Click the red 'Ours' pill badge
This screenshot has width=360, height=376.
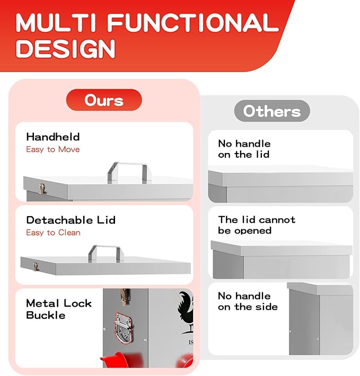(104, 100)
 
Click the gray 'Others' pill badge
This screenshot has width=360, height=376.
(272, 111)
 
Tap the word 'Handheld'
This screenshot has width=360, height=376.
(53, 137)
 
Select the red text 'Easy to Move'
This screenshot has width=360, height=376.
(53, 149)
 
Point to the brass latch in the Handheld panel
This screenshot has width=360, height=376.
(42, 189)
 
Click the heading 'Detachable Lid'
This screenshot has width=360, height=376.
(71, 220)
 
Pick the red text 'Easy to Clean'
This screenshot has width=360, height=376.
(53, 232)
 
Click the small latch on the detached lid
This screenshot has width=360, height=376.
(36, 267)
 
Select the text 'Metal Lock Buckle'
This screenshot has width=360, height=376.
(58, 309)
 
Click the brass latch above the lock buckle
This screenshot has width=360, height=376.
(124, 297)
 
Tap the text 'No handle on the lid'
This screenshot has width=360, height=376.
(244, 149)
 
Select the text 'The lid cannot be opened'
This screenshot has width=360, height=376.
(257, 225)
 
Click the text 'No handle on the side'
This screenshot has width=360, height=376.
(248, 301)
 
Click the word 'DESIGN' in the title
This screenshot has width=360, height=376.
(66, 48)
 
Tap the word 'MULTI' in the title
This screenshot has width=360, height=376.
(56, 22)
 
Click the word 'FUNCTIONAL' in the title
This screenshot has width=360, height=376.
(193, 22)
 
